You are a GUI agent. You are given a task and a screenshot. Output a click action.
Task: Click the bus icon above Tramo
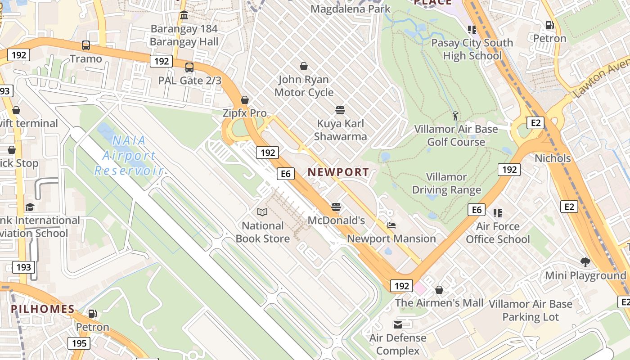tap(85, 45)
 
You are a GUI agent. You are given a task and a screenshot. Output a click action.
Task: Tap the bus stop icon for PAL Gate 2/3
tap(189, 67)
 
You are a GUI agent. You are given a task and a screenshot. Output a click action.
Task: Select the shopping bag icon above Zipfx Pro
tap(245, 100)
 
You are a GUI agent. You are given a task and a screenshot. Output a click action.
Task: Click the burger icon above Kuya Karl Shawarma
tap(340, 110)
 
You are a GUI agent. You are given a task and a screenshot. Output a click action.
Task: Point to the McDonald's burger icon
tap(336, 207)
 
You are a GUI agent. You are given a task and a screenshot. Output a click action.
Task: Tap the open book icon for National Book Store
tap(262, 212)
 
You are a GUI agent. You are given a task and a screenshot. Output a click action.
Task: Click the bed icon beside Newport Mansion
tap(391, 225)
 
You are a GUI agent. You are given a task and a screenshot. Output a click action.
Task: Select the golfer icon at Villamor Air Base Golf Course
tap(456, 116)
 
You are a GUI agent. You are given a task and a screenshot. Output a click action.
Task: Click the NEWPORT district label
tap(338, 172)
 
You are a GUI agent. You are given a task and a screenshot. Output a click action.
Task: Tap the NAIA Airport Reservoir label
tap(128, 156)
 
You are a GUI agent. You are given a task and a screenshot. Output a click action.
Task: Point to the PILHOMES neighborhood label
tap(43, 309)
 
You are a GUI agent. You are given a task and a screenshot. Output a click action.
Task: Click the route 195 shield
tap(79, 344)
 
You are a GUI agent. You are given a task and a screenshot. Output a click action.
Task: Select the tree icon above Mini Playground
tap(585, 262)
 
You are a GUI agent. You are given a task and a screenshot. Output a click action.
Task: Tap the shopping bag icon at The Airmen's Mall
tap(439, 290)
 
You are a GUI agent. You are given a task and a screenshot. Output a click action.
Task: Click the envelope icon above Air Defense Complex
tap(398, 324)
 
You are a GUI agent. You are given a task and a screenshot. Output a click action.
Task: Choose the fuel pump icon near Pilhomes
tap(92, 314)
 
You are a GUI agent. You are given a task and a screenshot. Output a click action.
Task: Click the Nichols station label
tap(553, 158)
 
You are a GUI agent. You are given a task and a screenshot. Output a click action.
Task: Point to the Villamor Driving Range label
tap(447, 184)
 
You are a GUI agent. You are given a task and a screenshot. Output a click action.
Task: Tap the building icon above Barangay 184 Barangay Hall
tap(184, 16)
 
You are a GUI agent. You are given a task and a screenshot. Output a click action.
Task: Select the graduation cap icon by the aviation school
tap(30, 207)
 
